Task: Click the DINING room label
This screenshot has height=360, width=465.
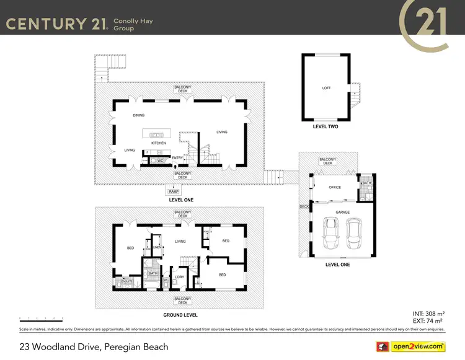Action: point(139,115)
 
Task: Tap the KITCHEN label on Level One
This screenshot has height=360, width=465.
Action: point(159,143)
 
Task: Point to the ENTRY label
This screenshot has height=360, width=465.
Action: point(177,158)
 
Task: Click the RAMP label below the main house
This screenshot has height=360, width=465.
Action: point(173,192)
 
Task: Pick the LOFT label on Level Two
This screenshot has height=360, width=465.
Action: point(326,88)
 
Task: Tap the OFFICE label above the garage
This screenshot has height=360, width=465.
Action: point(335,187)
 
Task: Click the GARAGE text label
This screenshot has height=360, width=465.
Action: point(342,212)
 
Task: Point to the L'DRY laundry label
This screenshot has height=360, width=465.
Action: point(179,277)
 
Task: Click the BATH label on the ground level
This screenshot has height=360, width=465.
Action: point(152,273)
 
